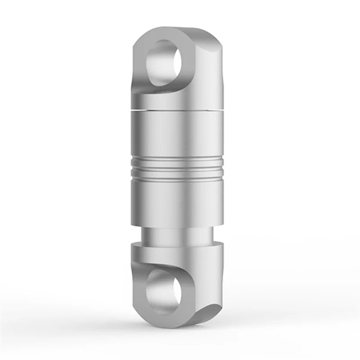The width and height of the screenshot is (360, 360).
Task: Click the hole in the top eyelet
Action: coord(164,63)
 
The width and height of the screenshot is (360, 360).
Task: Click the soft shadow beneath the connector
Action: coord(180,331)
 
